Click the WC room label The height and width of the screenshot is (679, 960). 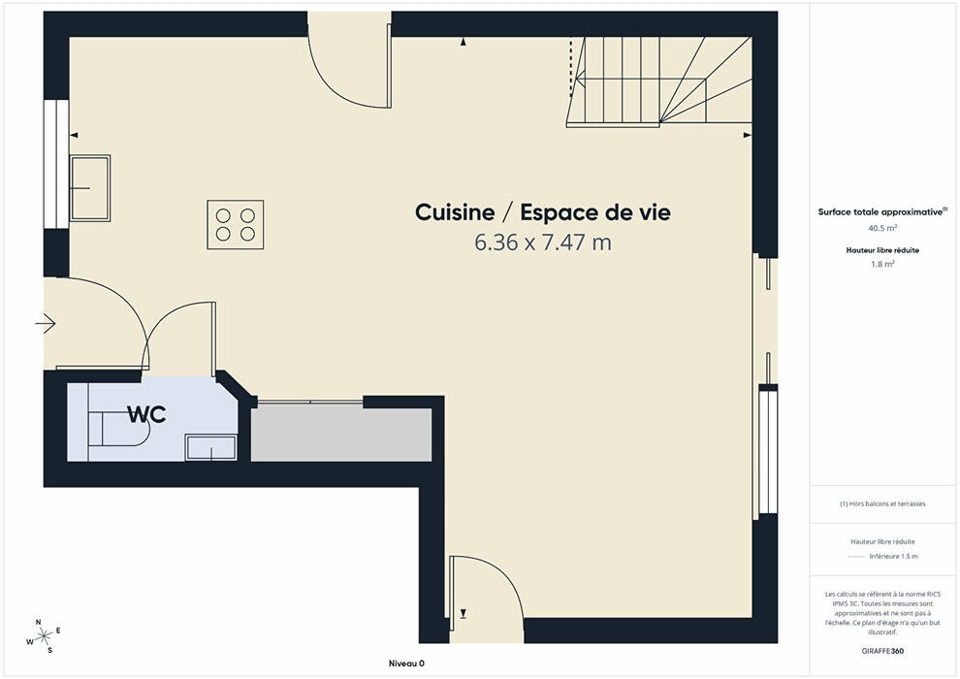[147, 414]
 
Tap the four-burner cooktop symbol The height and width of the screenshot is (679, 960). [235, 225]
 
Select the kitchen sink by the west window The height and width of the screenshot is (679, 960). [89, 188]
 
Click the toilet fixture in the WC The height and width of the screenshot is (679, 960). [118, 429]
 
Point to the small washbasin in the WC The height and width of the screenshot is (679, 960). [211, 447]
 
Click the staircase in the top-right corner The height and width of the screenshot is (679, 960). [660, 81]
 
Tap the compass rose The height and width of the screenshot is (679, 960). [44, 636]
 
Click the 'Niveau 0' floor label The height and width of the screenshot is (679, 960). [406, 663]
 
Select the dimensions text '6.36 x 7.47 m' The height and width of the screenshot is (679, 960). [543, 242]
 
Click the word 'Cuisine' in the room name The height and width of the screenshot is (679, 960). [455, 212]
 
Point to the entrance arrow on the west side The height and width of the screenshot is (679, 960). [46, 323]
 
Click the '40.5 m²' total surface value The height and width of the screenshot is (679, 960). [882, 228]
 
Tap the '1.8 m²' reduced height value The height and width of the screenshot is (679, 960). [882, 265]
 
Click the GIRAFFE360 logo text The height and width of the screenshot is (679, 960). [882, 651]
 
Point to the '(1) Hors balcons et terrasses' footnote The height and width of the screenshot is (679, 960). [882, 503]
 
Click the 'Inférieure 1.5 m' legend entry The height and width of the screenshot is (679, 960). [893, 557]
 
